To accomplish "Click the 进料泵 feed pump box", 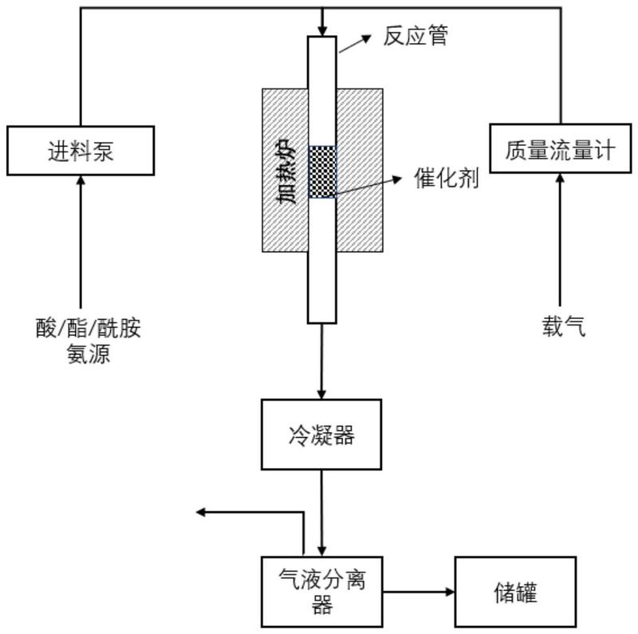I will tap(81, 150).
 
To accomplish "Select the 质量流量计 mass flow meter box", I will tap(560, 148).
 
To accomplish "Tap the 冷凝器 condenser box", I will tap(321, 435).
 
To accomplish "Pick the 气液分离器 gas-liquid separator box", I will tap(321, 592).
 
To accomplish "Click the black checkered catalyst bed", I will tap(322, 171).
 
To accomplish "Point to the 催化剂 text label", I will tap(447, 178).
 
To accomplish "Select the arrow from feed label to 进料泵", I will tap(81, 239).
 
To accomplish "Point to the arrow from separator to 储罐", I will tap(418, 593).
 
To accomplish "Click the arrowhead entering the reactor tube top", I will tap(322, 29).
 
